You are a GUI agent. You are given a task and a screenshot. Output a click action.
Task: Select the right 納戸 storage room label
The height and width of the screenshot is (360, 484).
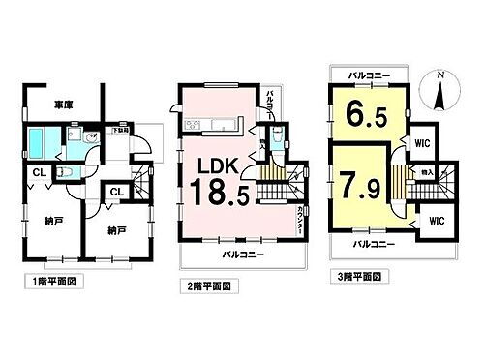click(x=106, y=233)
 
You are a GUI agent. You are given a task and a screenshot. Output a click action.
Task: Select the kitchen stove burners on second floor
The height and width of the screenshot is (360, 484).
click(x=192, y=126)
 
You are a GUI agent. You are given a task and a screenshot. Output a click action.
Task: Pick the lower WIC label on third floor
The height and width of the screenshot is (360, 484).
click(x=435, y=221)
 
